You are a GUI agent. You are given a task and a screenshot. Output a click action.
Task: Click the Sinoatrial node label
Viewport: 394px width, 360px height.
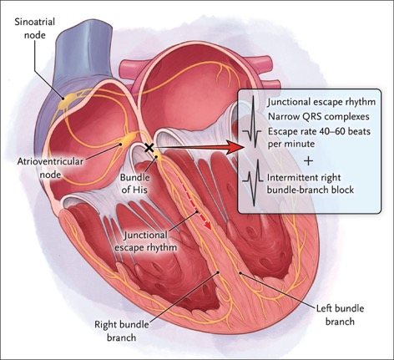pos(35,28)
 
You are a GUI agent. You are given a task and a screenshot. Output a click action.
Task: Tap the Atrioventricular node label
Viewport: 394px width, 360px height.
pos(50,168)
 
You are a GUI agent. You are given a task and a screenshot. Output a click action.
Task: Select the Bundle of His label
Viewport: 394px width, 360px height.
pos(134,184)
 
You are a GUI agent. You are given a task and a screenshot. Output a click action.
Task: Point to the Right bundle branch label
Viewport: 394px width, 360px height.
pos(122,331)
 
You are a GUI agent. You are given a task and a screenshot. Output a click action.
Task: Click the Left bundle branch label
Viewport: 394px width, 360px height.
pos(340,315)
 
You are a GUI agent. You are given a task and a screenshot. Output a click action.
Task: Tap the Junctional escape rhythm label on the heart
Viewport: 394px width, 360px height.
pos(146,241)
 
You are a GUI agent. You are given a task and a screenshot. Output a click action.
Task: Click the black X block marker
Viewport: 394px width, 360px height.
pos(149,148)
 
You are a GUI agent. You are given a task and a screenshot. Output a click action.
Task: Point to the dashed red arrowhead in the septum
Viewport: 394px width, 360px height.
pos(207,225)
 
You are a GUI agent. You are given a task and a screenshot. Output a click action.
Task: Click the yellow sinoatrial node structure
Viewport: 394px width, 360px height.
pos(67,101)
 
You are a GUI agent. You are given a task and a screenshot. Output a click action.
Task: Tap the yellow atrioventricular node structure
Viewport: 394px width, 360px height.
pos(129,139)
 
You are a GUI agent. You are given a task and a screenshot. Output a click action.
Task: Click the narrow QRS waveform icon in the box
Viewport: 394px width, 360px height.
pos(252,122)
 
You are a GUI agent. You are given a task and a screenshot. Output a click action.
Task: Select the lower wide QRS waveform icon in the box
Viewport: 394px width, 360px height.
pos(253,182)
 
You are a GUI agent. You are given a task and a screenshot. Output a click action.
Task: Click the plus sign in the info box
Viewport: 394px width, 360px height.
pos(308,161)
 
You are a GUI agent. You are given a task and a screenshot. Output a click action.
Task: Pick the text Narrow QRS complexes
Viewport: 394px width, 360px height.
pos(319,117)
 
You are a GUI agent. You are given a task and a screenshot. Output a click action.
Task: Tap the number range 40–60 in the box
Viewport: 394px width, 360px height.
pos(335,131)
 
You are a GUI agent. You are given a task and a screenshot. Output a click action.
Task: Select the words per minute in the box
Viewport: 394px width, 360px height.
pos(291,144)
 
